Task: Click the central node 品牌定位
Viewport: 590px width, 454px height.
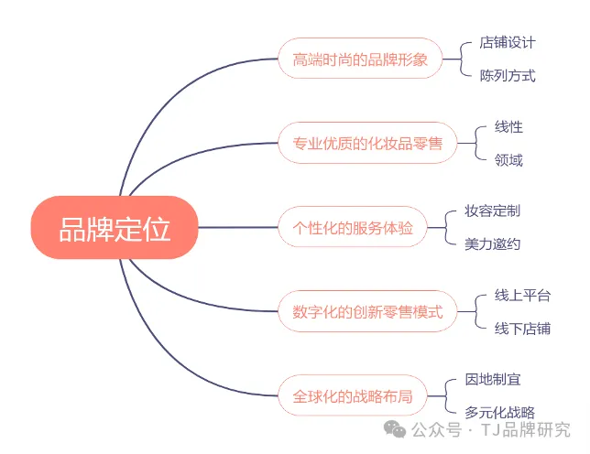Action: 115,227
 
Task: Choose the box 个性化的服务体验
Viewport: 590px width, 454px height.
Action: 352,227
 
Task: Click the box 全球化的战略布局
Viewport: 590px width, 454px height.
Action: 352,396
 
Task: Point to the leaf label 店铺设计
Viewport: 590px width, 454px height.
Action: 507,42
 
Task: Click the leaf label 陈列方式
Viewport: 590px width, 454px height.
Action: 507,75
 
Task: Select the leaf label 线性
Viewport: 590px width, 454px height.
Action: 508,126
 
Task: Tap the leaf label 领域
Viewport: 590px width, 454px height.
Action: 508,160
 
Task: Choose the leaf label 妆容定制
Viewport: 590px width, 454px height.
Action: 492,211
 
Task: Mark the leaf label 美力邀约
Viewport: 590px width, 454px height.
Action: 492,244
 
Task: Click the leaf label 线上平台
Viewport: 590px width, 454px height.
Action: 522,295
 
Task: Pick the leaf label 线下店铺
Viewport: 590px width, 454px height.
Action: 522,329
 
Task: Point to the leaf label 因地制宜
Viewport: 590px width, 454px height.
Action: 492,379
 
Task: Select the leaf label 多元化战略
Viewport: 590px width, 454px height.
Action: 499,413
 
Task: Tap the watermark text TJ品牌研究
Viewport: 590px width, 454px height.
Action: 525,429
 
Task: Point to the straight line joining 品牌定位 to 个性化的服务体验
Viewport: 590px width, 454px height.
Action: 238,227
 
